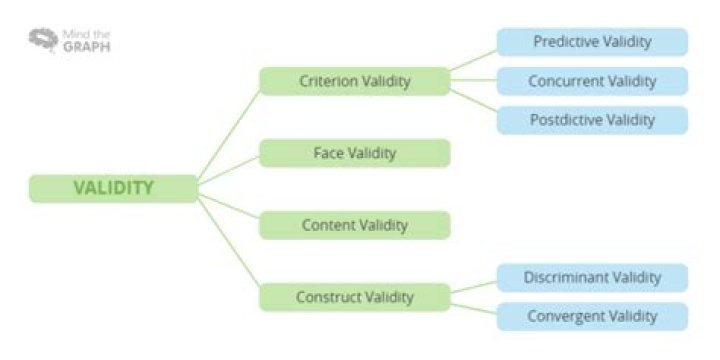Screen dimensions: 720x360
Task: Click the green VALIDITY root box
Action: pos(113,188)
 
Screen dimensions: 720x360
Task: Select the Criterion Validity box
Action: pos(354,81)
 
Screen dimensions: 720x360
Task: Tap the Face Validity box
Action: pos(354,153)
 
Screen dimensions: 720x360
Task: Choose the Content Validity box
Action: pos(354,225)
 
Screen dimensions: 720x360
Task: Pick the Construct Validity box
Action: pos(354,297)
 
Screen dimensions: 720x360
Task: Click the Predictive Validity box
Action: pos(592,42)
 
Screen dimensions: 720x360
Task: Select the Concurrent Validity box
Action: pos(592,81)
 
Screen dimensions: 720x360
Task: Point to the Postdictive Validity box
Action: pos(592,120)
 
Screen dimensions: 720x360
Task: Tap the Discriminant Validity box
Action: pos(592,277)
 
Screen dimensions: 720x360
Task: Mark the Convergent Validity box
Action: pos(592,316)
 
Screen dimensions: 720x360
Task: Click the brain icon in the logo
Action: pos(44,40)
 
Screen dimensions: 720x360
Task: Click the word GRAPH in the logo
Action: pos(87,47)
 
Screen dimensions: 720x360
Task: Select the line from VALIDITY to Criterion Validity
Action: pos(229,135)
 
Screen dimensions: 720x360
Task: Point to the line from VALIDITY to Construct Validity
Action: pos(229,242)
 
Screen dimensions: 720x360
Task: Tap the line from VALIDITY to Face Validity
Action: pos(229,170)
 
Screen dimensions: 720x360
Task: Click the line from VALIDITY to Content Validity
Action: pos(229,206)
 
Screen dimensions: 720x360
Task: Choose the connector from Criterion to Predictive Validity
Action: pos(473,60)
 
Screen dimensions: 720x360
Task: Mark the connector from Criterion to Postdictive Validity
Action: pos(473,101)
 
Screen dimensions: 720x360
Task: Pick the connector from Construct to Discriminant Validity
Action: pos(473,287)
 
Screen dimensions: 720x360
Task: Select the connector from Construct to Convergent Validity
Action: pos(473,309)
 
